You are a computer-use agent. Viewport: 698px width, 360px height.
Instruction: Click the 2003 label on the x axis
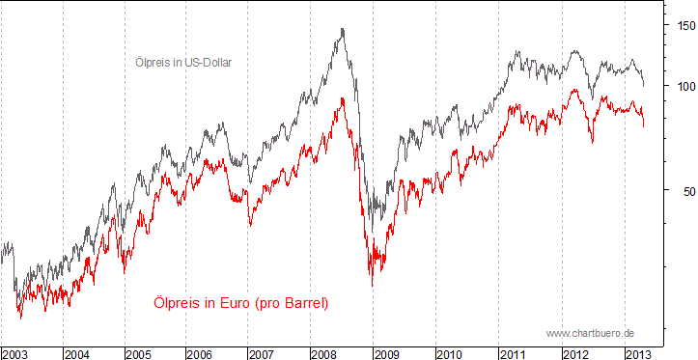point(15,352)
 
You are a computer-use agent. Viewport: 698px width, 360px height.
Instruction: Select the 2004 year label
point(78,352)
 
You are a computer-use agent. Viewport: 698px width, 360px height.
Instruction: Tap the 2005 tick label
point(140,352)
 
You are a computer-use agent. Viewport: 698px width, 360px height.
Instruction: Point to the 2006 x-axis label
point(202,352)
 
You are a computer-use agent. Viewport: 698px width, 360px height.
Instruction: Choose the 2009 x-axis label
point(388,352)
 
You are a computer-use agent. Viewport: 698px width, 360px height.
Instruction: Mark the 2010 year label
point(451,352)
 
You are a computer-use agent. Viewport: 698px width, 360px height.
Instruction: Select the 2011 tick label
point(514,352)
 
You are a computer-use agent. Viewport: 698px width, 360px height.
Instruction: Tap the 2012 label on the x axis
point(576,352)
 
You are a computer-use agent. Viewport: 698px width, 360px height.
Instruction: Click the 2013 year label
point(638,352)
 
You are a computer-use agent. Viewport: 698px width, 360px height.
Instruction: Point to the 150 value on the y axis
point(684,26)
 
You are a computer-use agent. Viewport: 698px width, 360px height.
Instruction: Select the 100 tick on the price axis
point(684,86)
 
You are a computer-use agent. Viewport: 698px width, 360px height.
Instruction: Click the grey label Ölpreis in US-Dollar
point(183,63)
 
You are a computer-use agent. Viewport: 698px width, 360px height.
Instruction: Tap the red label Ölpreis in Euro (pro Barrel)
point(241,303)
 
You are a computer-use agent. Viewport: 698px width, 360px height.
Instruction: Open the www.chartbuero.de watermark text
point(589,332)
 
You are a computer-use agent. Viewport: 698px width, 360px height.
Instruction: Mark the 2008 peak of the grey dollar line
point(343,29)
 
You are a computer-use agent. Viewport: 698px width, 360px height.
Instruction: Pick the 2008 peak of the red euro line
point(343,98)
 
